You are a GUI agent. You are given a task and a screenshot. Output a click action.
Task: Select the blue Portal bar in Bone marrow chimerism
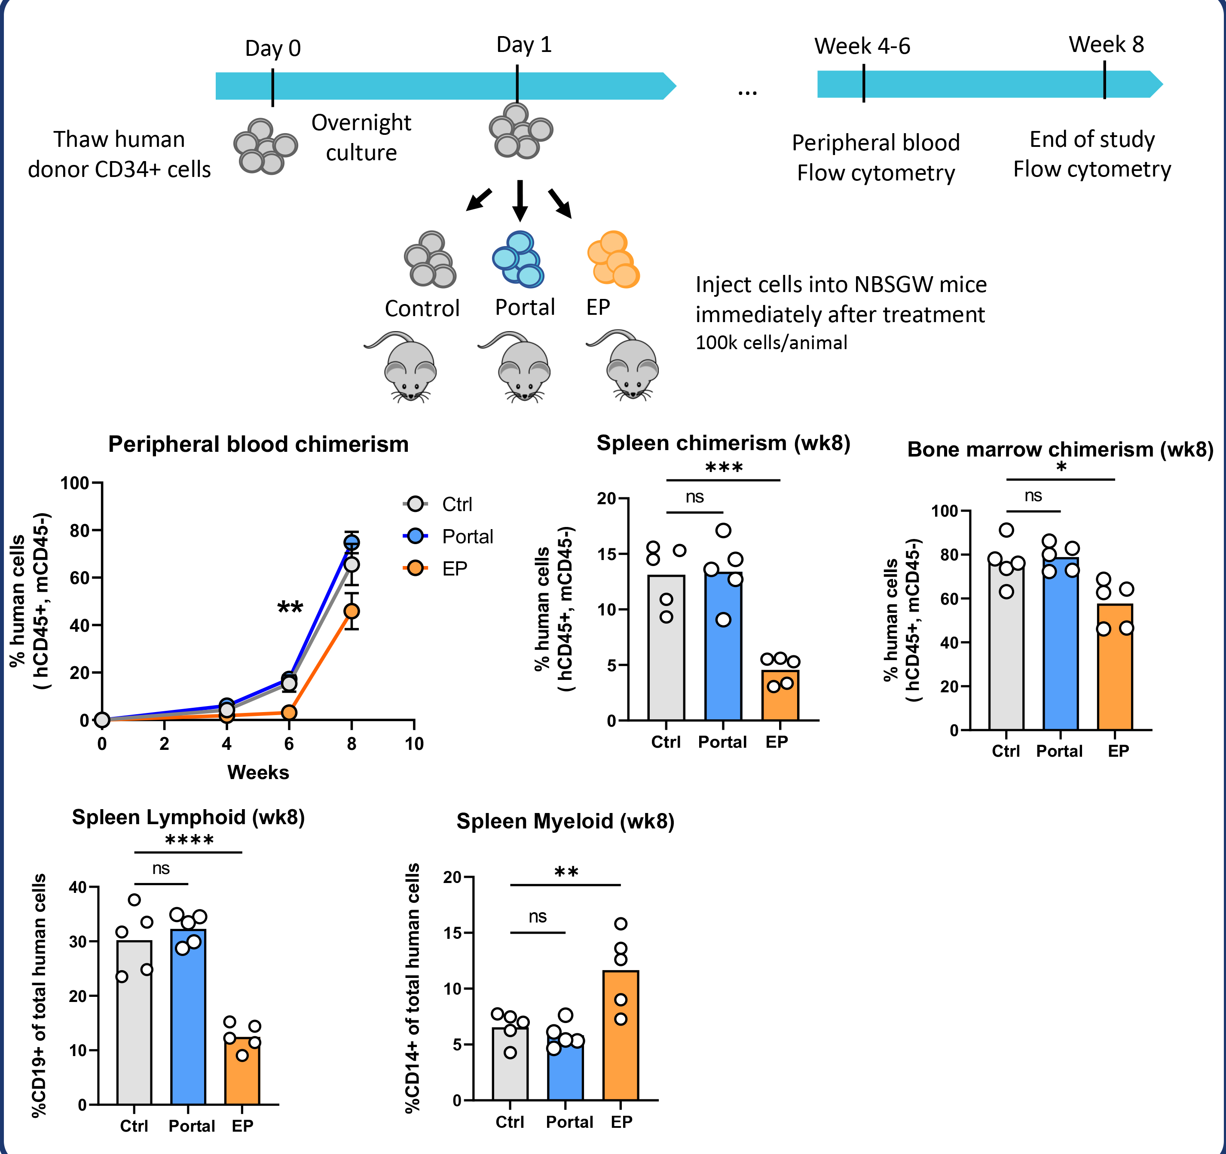1060,647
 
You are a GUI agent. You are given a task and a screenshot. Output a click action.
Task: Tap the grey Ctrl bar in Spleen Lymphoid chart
135,1023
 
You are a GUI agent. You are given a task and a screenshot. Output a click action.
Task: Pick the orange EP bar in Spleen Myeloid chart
621,1042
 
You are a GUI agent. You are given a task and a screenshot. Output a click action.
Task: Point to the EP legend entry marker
416,568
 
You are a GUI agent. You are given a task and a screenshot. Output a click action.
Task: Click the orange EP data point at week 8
352,611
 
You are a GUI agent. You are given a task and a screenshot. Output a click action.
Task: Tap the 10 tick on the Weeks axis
414,744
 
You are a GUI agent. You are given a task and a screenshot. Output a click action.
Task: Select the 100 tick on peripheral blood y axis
75,483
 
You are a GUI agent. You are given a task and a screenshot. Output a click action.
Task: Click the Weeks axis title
258,773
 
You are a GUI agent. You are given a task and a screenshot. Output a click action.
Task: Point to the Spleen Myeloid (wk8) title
565,821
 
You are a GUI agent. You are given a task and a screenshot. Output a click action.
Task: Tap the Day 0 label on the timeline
272,48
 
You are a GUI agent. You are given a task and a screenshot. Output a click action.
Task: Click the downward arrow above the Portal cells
520,200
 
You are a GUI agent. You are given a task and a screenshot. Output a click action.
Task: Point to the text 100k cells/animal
771,343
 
